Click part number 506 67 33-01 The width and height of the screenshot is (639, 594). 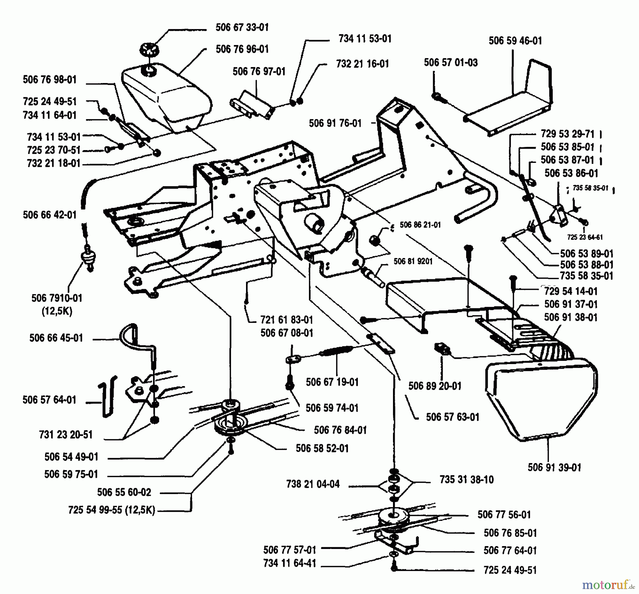pyautogui.click(x=242, y=27)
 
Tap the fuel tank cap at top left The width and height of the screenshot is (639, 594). pyautogui.click(x=149, y=49)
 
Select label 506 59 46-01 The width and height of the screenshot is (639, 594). pyautogui.click(x=515, y=41)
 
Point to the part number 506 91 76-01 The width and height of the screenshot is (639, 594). pyautogui.click(x=335, y=123)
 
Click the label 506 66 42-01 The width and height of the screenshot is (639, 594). pyautogui.click(x=50, y=215)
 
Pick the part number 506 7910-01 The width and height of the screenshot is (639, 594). pyautogui.click(x=57, y=298)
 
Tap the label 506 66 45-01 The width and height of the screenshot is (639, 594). pyautogui.click(x=56, y=338)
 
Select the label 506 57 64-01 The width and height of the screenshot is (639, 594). pyautogui.click(x=49, y=400)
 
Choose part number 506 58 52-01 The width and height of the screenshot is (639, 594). pyautogui.click(x=322, y=449)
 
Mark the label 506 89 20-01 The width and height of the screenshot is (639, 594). pyautogui.click(x=435, y=386)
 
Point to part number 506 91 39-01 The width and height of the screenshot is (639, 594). pyautogui.click(x=554, y=467)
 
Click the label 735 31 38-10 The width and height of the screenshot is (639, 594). pyautogui.click(x=466, y=480)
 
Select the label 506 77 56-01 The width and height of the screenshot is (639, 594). pyautogui.click(x=504, y=515)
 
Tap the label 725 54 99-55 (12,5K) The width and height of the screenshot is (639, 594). pyautogui.click(x=111, y=510)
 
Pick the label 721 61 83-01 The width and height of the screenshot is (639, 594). pyautogui.click(x=286, y=320)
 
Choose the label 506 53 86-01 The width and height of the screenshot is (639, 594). pyautogui.click(x=571, y=173)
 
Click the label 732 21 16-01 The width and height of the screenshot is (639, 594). pyautogui.click(x=362, y=64)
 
